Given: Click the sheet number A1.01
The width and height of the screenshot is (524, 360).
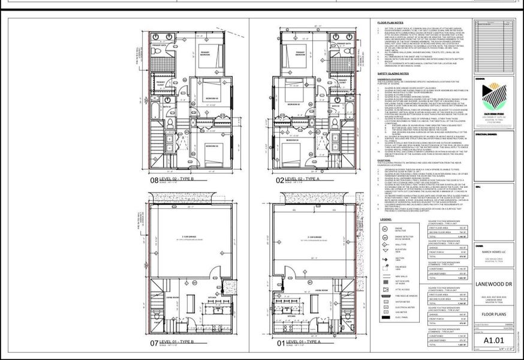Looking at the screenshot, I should pos(492,341).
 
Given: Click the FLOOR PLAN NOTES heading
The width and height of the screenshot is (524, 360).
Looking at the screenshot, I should pos(390,22).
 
